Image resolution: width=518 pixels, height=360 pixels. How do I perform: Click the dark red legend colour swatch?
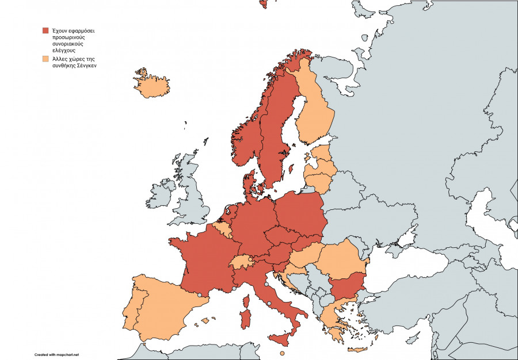(x=45, y=30)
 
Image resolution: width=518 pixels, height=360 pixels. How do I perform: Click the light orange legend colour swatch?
(x=45, y=59)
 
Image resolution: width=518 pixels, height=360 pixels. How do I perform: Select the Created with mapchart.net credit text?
(x=56, y=354)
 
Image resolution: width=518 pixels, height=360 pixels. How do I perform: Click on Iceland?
(x=152, y=87)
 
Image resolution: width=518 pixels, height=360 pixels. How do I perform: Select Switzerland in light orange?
(x=242, y=262)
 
